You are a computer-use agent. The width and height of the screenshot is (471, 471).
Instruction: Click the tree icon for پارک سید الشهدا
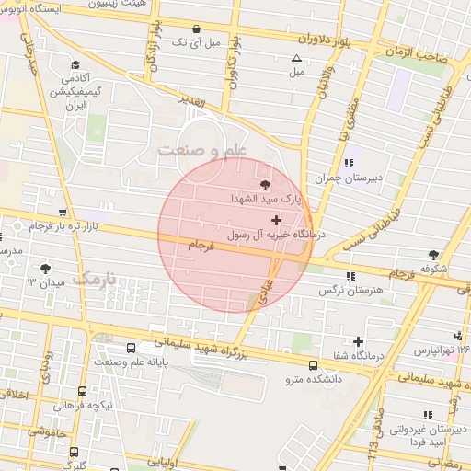(267, 185)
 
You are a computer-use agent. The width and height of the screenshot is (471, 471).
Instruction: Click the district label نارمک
(96, 276)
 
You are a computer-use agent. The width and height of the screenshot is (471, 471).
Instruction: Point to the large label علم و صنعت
(202, 150)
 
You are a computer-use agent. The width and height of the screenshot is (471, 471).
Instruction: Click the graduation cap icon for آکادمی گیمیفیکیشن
(75, 65)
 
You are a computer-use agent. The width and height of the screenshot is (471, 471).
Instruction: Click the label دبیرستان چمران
(374, 178)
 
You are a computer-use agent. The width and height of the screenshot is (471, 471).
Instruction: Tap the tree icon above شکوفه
(433, 255)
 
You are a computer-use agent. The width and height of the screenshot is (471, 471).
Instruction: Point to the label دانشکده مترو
(313, 377)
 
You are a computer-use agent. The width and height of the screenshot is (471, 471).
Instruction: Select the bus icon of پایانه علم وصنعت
(132, 349)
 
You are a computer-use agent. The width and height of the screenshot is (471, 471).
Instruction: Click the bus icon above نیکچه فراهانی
(83, 390)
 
